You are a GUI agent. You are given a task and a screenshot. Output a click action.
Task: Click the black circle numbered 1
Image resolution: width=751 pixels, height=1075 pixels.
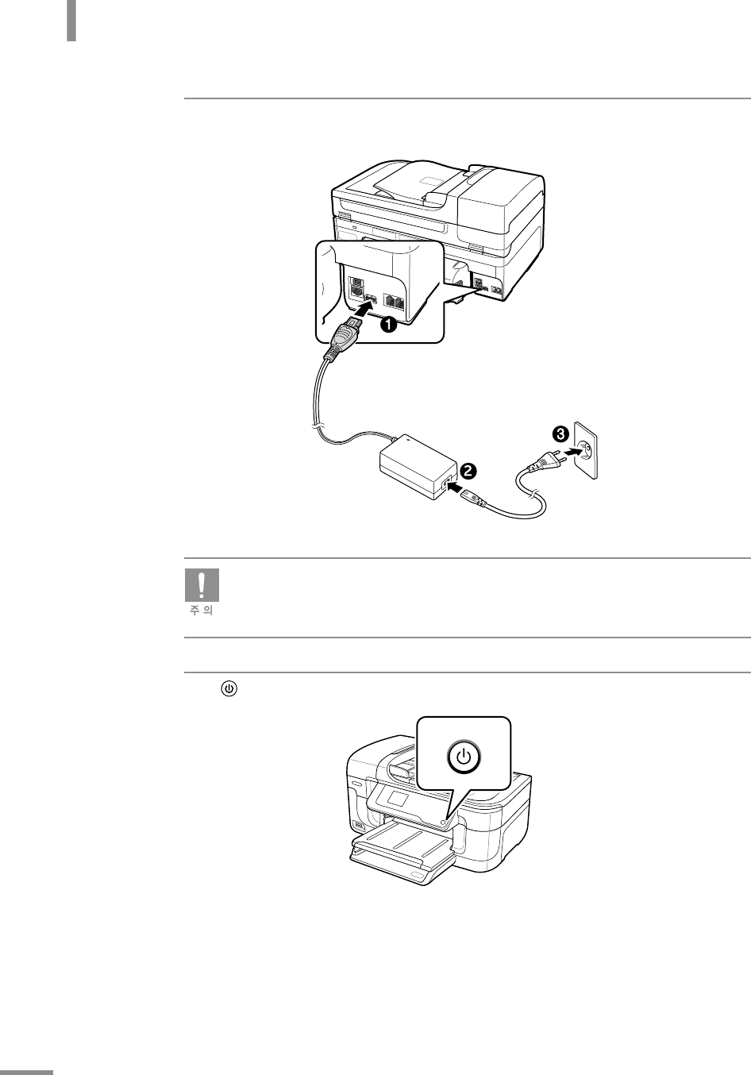coord(388,325)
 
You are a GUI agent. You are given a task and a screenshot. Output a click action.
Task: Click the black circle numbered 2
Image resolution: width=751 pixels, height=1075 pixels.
coord(468,471)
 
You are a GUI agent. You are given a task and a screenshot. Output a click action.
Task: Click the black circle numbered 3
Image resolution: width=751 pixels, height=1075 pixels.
coord(560,435)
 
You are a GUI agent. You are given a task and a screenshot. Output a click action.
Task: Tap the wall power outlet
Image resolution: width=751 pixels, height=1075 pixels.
coord(586,451)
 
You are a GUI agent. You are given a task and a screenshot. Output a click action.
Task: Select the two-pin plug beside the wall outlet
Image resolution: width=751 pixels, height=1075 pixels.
coord(546,461)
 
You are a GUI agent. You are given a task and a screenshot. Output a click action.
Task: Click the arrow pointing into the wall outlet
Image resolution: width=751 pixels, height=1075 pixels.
coord(573,452)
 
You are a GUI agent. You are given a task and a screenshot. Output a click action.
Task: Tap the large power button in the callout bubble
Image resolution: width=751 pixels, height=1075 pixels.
coord(464,757)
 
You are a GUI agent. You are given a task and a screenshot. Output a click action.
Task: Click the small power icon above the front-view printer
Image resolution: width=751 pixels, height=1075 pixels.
coord(229,689)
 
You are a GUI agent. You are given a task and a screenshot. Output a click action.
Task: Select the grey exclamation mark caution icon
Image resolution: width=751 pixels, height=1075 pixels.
coord(202,585)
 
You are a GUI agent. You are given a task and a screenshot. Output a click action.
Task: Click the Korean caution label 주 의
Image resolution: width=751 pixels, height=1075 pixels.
coord(202,611)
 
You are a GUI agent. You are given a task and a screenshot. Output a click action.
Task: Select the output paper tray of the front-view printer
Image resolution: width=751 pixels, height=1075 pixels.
coord(402,852)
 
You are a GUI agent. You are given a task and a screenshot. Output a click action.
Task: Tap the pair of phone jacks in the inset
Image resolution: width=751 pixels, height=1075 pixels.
coord(395,302)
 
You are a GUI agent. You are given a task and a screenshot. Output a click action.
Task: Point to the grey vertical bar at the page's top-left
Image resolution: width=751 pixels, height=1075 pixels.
coord(71,21)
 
